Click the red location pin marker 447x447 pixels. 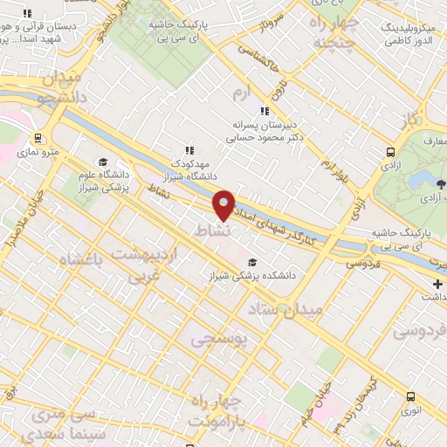pyautogui.click(x=223, y=205)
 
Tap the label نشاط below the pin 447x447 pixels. pyautogui.click(x=213, y=231)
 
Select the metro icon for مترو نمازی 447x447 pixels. pyautogui.click(x=37, y=138)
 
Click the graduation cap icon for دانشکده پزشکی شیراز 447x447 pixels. pyautogui.click(x=252, y=262)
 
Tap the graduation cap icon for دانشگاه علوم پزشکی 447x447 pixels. pyautogui.click(x=103, y=162)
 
